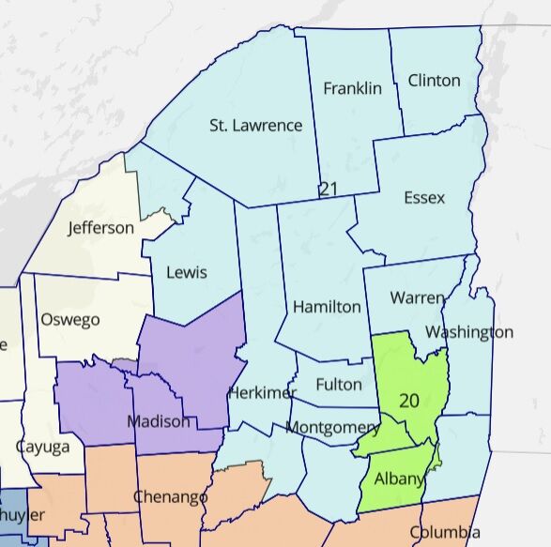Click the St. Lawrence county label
pos(255,125)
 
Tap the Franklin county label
pos(352,88)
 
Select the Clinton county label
pos(434,80)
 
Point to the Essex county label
pos(423,198)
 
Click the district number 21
pos(328,189)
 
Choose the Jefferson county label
pos(100,228)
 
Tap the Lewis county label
pos(186,272)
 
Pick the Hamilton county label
pos(327,307)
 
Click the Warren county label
pos(418,298)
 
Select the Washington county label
pos(468,332)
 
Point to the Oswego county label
pos(69,320)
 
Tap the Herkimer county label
pos(262,392)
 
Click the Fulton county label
pos(339,384)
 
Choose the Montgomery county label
pos(333,428)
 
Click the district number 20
pos(409,401)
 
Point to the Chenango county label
pos(170,496)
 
